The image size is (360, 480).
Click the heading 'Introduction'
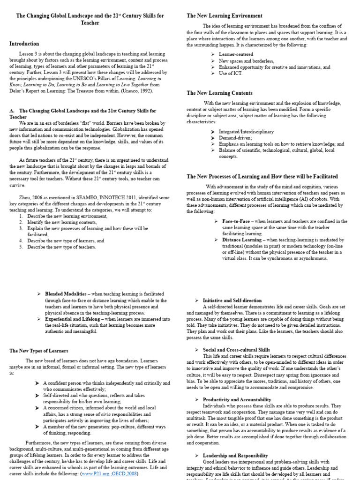(24, 44)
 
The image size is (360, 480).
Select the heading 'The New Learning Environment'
(225, 15)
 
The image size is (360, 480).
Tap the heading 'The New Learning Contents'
(219, 93)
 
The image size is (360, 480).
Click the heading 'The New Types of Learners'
(39, 350)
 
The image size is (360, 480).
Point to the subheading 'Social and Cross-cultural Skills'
(236, 349)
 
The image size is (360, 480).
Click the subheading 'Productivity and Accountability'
(237, 399)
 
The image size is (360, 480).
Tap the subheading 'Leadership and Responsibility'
(235, 455)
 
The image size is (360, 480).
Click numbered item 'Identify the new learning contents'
(60, 222)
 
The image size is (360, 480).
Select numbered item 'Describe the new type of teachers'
(61, 247)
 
